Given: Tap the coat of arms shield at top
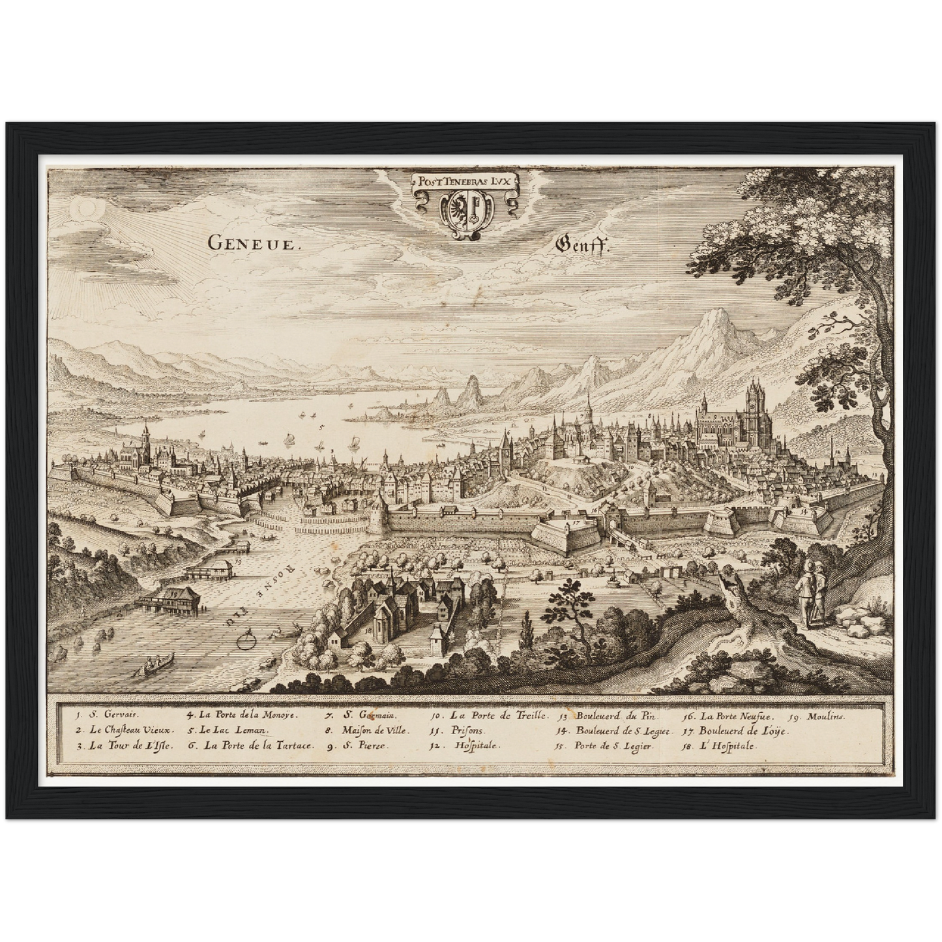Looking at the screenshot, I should (x=465, y=210).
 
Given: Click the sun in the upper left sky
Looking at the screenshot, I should (x=85, y=209).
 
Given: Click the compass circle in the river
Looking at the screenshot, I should (x=246, y=641).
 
